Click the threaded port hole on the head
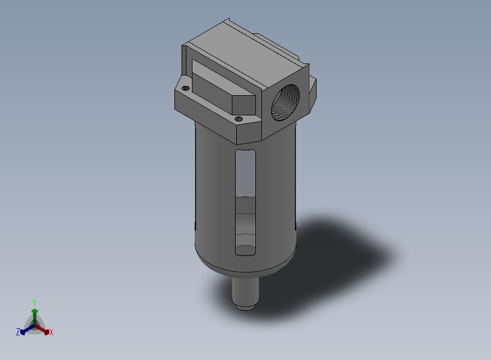point(285,102)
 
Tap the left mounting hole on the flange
point(185,88)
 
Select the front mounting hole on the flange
point(238,119)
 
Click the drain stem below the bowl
point(245,293)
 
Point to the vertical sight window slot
point(245,202)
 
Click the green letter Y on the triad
point(34,303)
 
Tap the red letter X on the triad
point(51,332)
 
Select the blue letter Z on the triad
point(18,332)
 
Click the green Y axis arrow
point(34,317)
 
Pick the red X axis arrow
point(42,329)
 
